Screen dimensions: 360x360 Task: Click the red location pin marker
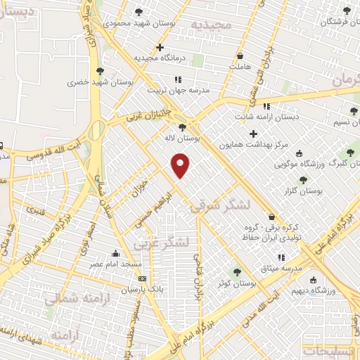pyautogui.click(x=181, y=165)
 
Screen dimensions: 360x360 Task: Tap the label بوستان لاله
pyautogui.click(x=181, y=139)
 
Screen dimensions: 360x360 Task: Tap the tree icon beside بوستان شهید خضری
pyautogui.click(x=100, y=71)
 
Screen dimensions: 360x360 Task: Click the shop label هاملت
pyautogui.click(x=240, y=65)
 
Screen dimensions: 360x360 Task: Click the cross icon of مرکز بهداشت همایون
pyautogui.click(x=253, y=134)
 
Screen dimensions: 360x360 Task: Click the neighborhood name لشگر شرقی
pyautogui.click(x=218, y=205)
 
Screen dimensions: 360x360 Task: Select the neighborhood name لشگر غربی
pyautogui.click(x=162, y=243)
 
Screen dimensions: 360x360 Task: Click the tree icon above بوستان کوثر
pyautogui.click(x=236, y=271)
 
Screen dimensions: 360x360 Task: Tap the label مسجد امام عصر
pyautogui.click(x=115, y=264)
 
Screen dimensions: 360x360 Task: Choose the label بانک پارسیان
pyautogui.click(x=123, y=289)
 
